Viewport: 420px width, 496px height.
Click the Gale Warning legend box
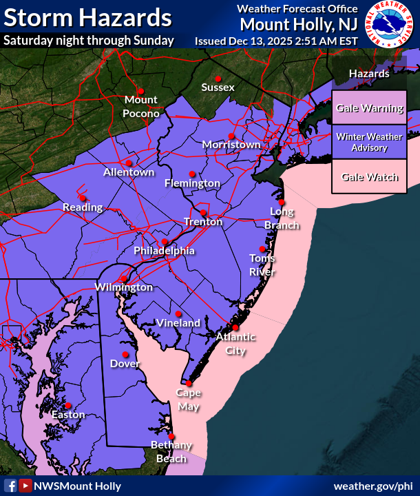pos(369,108)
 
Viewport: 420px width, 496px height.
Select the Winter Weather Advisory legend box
pos(369,143)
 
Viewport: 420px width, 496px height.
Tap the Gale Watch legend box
pos(369,177)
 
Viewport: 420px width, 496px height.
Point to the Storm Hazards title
pos(87,17)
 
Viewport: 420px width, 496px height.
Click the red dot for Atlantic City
pos(235,327)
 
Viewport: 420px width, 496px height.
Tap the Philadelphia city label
pos(164,251)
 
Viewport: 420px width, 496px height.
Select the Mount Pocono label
pos(141,107)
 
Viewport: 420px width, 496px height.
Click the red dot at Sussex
pos(218,77)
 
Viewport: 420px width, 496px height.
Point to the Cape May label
pos(188,400)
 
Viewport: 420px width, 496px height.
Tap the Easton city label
pos(68,415)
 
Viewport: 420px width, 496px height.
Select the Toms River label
pos(262,265)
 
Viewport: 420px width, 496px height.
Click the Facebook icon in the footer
pos(10,486)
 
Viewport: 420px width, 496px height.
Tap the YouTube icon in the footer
pos(25,486)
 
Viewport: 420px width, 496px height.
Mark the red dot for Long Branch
pos(282,203)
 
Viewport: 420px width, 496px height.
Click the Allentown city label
pos(129,172)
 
